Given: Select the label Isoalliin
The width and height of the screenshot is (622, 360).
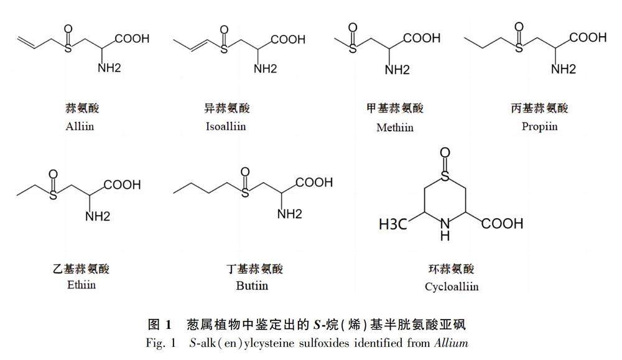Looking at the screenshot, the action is pos(226,126).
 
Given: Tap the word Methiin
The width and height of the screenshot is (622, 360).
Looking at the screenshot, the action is pos(394,128).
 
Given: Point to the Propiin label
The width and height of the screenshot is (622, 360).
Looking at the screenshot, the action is pos(539,126).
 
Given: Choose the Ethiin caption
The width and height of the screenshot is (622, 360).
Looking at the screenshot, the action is pos(81,285).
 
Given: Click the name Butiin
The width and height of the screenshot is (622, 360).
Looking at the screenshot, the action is pos(252,285).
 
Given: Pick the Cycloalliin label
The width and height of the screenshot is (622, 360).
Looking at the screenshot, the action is pos(452,287).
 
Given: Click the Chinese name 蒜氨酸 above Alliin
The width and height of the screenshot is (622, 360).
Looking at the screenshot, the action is pos(82,108).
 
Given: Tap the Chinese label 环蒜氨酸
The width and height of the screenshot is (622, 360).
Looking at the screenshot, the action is pos(452,269).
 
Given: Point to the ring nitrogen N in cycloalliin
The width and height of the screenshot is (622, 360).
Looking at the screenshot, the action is pos(445,223).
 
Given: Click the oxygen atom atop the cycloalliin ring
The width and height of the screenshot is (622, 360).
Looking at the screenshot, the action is pos(445,153).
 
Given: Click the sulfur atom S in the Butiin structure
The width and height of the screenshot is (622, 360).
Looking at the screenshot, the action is pos(245,193).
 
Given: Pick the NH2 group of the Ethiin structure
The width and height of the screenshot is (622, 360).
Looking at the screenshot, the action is pos(98,216).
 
